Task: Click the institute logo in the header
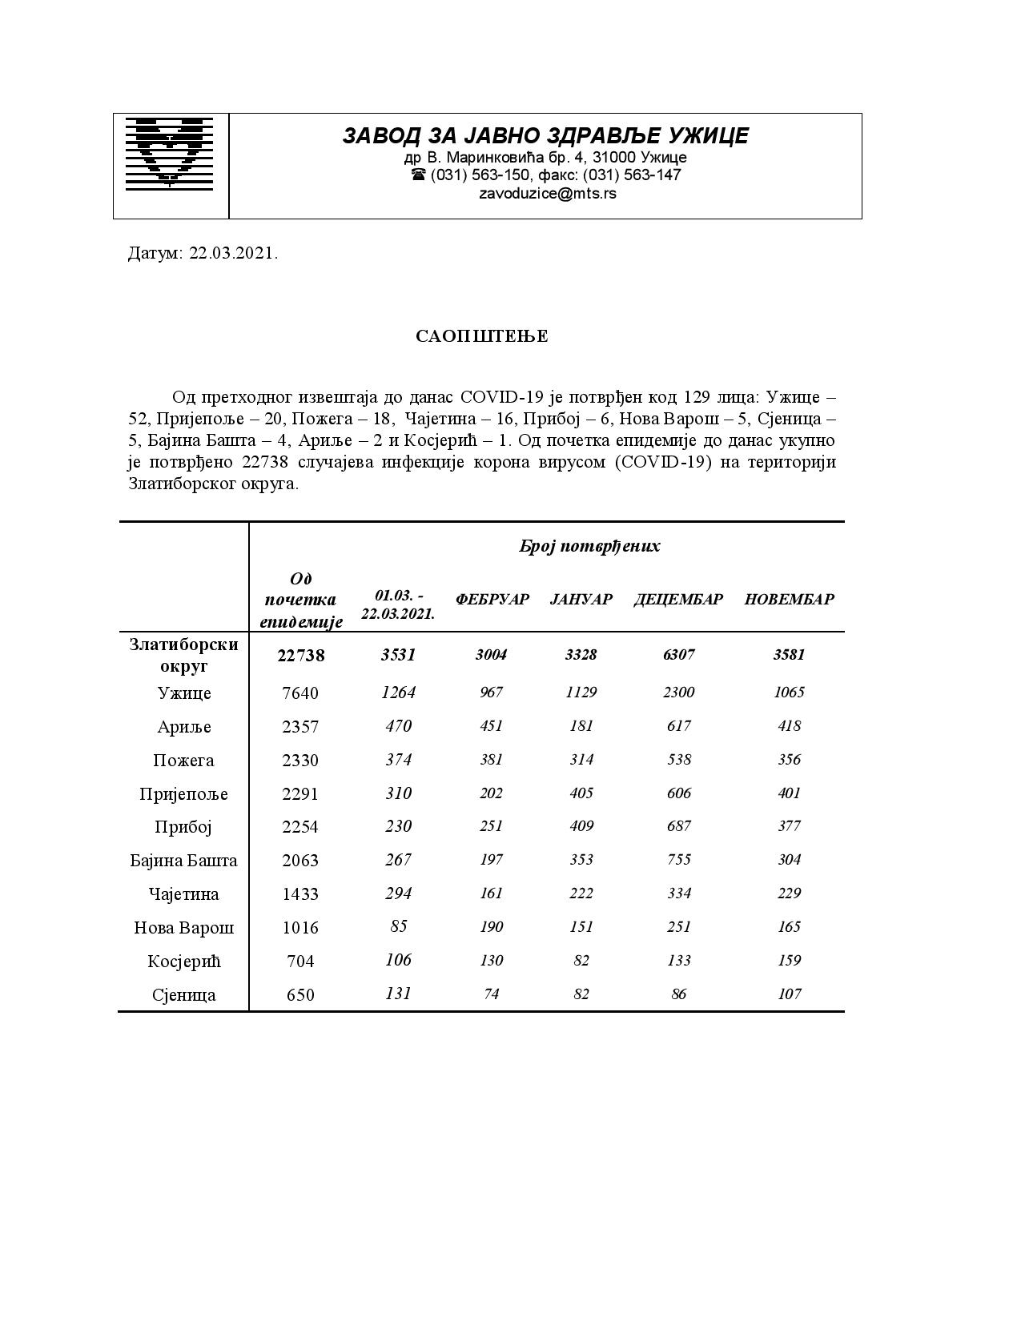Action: (x=170, y=153)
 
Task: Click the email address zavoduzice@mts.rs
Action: (x=547, y=194)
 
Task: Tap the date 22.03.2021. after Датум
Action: (x=234, y=254)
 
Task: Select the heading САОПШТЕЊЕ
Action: (x=482, y=336)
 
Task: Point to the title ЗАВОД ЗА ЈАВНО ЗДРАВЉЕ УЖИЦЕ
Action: (x=545, y=136)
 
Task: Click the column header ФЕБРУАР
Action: (x=492, y=600)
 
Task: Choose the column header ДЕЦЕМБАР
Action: (x=678, y=600)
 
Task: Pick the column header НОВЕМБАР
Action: (x=789, y=600)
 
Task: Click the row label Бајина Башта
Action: (x=184, y=861)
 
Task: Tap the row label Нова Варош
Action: (x=184, y=928)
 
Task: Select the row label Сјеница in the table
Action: (x=184, y=995)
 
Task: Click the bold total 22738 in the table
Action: (x=301, y=656)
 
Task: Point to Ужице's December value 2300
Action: (x=678, y=693)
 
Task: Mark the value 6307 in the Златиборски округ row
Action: (x=678, y=655)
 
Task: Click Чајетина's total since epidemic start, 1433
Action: (x=300, y=894)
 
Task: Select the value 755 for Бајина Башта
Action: (x=678, y=860)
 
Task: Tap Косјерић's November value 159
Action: (x=789, y=960)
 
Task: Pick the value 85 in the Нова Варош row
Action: (x=398, y=926)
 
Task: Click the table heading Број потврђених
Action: (x=589, y=547)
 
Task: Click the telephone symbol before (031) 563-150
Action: (x=418, y=175)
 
